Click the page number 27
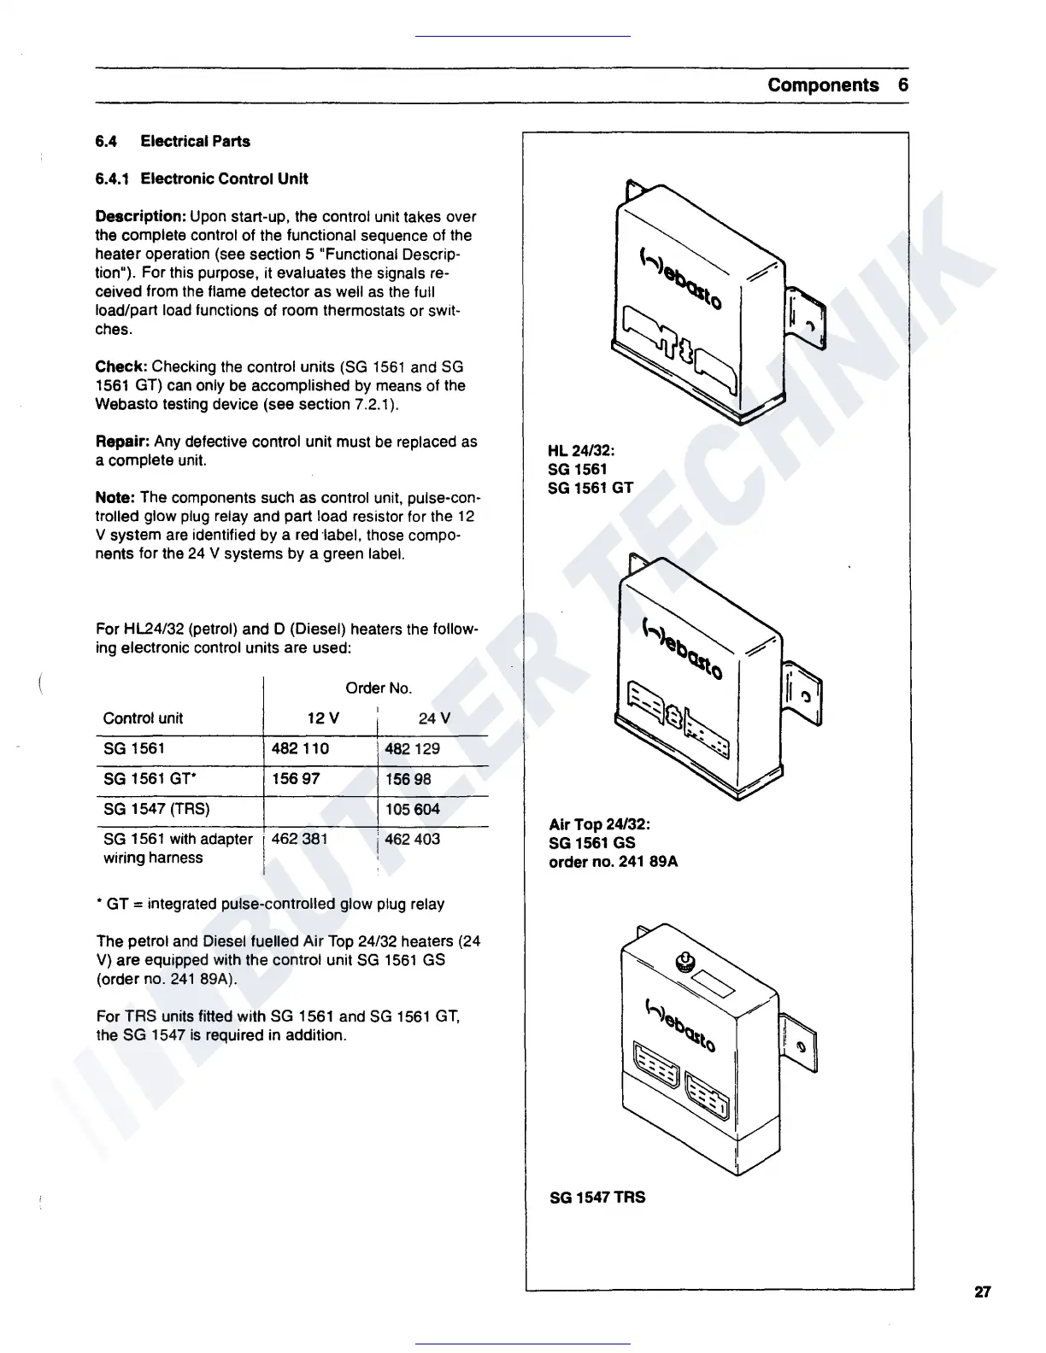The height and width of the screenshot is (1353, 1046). (982, 1291)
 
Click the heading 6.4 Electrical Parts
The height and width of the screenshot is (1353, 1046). (173, 141)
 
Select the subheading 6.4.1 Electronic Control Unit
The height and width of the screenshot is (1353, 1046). (202, 179)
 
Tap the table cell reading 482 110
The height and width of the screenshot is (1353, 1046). (300, 748)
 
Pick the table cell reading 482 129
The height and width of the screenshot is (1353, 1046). (413, 748)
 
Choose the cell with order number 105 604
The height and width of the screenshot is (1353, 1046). (413, 809)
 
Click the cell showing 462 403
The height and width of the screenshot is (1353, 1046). (413, 839)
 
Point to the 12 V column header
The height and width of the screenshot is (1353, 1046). (323, 718)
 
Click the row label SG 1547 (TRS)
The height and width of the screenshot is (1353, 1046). (156, 809)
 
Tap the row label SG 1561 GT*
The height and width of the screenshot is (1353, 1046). (146, 779)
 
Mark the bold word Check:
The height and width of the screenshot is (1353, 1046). (121, 366)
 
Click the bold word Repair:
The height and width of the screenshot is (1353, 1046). (123, 442)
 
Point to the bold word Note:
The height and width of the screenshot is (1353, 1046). (116, 497)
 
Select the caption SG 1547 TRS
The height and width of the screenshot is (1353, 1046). (597, 1198)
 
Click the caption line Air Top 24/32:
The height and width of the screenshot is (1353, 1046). (600, 824)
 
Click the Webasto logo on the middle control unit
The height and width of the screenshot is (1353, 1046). (681, 650)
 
